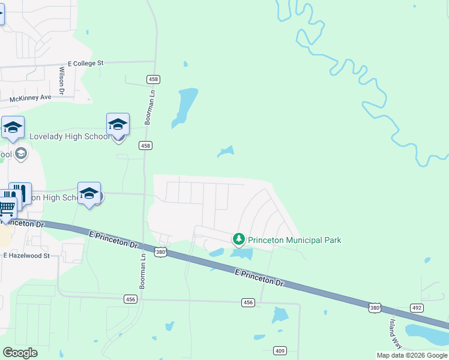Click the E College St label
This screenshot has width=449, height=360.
pyautogui.click(x=86, y=62)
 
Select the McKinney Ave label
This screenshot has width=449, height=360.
pyautogui.click(x=31, y=97)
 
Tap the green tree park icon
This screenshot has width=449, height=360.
pyautogui.click(x=239, y=240)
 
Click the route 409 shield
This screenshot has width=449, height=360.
pyautogui.click(x=280, y=350)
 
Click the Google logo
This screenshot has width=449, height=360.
pyautogui.click(x=20, y=353)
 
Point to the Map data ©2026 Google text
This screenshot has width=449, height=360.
pyautogui.click(x=412, y=355)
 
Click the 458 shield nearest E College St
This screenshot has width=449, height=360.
pyautogui.click(x=153, y=79)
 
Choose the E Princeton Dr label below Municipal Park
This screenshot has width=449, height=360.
pyautogui.click(x=258, y=277)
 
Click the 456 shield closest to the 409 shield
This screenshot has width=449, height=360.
pyautogui.click(x=249, y=302)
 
